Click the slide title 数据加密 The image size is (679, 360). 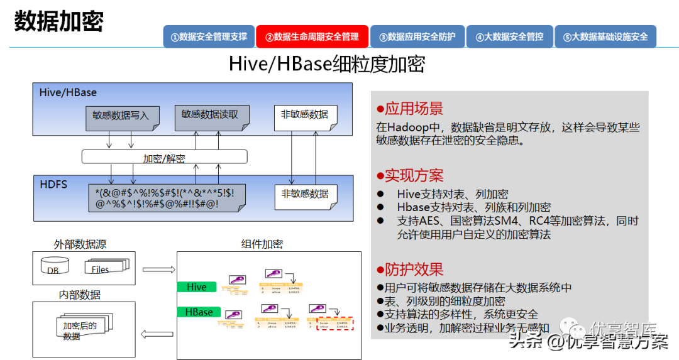point(58,22)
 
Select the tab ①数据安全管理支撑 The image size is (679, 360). point(209,36)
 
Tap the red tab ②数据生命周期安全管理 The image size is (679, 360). point(312,36)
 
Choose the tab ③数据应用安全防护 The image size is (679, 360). point(417,36)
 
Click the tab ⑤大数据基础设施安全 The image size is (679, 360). point(605,36)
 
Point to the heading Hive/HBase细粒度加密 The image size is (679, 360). point(326,64)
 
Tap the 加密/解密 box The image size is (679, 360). point(164,157)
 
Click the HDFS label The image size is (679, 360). point(53,185)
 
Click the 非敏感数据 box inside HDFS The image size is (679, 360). point(305,195)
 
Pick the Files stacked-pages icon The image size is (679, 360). point(106,267)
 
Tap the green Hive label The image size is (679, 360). point(197,287)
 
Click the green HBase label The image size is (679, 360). point(199,312)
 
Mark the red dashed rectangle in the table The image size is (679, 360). point(335,323)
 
